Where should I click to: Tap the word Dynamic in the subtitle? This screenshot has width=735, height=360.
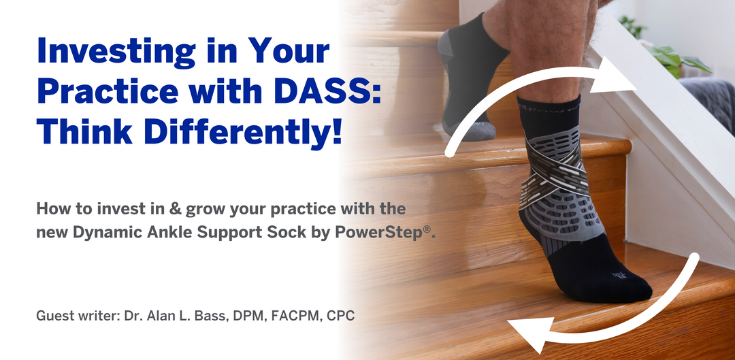98,232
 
